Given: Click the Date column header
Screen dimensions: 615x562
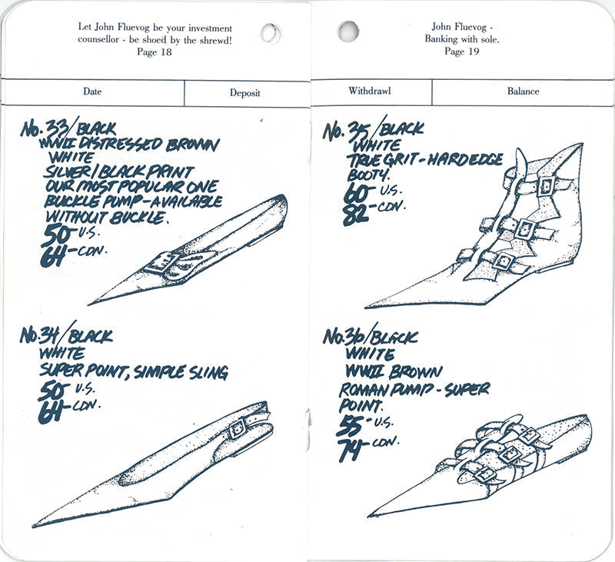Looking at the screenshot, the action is [x=92, y=91].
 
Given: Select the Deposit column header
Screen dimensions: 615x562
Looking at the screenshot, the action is [x=244, y=93].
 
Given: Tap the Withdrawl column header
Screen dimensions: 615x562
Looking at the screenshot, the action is [x=370, y=91].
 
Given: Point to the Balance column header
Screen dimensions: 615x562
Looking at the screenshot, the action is [x=523, y=91].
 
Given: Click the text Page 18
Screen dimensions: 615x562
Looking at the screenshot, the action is [x=155, y=52].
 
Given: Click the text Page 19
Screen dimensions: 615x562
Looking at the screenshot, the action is [x=462, y=51].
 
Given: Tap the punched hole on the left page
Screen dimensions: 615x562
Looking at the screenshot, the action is [x=271, y=32].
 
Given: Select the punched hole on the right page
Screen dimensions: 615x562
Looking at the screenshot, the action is [x=348, y=32].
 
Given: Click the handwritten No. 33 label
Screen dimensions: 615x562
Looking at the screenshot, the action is [x=45, y=128].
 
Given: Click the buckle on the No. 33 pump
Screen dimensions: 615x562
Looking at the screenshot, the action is [x=161, y=262].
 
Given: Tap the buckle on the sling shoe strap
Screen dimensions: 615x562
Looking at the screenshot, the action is [x=238, y=428].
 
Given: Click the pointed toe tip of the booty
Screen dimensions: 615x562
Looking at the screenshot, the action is [x=366, y=307].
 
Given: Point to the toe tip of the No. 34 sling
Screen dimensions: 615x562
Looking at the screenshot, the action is [x=34, y=525].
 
